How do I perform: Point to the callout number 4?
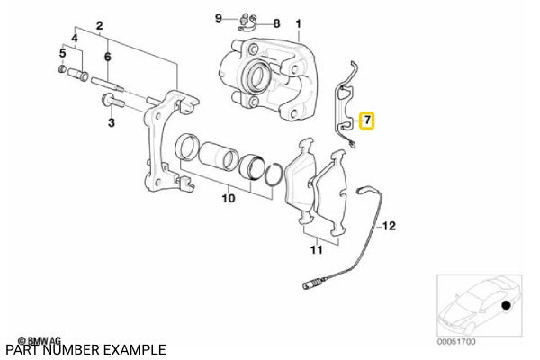pos(75,39)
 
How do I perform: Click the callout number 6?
pos(107,56)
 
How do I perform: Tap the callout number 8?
pos(276,22)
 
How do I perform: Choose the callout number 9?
pos(218,18)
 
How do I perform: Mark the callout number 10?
pos(227,196)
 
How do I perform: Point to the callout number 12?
pos(389,227)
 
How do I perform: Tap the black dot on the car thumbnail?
pos(506,307)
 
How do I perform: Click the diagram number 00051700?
pos(456,343)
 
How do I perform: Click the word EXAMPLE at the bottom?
pos(135,349)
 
